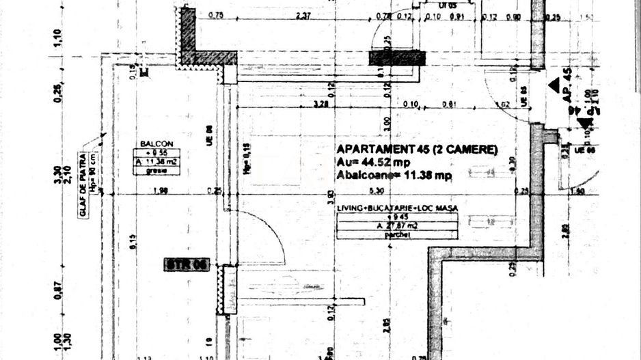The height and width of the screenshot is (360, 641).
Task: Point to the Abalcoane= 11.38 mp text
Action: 394,175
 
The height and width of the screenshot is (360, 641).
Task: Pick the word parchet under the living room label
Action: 396,234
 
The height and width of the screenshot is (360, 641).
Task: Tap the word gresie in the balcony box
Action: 156,171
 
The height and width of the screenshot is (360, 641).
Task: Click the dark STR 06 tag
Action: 187,264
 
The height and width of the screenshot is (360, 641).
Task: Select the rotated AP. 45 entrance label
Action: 566,85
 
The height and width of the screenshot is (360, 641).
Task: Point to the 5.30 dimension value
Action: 374,191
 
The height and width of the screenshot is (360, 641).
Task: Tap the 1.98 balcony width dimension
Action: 142,191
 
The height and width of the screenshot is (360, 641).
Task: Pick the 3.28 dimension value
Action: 320,105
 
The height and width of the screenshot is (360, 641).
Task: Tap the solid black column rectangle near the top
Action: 397,58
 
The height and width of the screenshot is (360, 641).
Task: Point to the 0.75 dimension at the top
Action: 216,16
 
